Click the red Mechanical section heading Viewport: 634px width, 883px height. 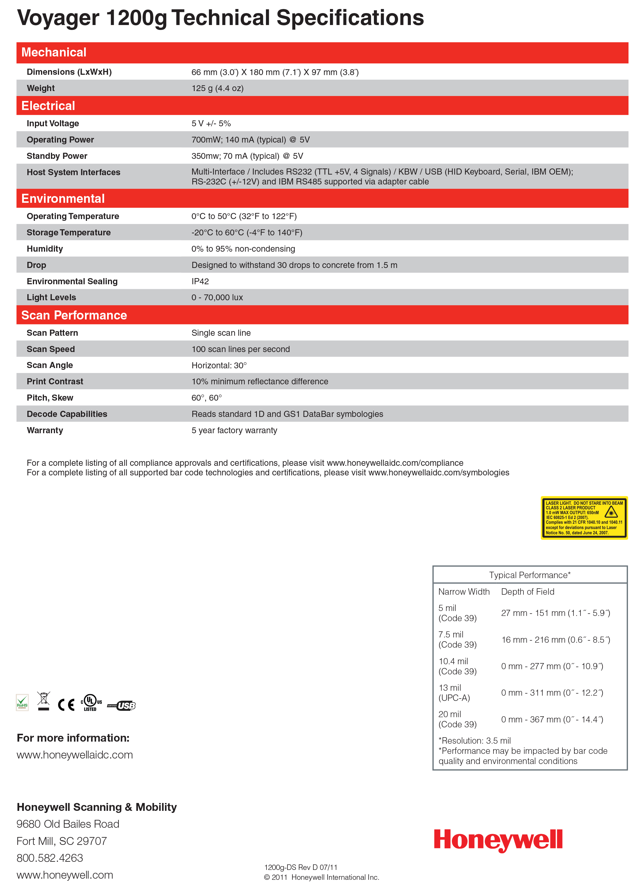(54, 52)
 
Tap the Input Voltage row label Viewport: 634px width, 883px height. (53, 123)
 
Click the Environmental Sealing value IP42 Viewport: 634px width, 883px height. (200, 281)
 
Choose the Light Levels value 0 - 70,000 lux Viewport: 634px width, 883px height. (217, 297)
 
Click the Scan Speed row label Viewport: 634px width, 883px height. (51, 349)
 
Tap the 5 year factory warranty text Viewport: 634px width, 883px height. (234, 430)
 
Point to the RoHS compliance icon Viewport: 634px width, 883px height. (22, 702)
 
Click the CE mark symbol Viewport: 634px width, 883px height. (66, 704)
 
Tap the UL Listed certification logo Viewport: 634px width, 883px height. (91, 702)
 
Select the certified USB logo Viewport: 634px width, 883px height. (122, 705)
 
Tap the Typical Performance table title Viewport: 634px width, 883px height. (529, 575)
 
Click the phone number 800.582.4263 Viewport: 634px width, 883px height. (50, 858)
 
